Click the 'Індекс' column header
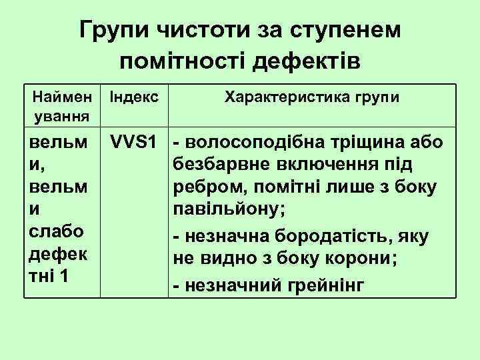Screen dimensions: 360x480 (x=134, y=98)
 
